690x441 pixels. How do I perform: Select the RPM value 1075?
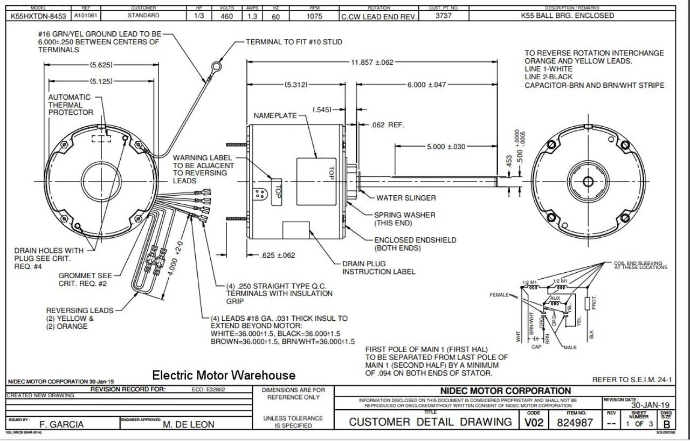click(315, 16)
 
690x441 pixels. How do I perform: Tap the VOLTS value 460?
click(226, 16)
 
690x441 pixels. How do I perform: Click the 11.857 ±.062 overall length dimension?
click(372, 63)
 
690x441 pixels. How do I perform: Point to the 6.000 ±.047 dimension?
click(426, 85)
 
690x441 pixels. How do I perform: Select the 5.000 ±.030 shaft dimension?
click(446, 147)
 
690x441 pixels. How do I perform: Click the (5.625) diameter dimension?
click(101, 65)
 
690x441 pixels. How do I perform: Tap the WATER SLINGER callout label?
click(406, 198)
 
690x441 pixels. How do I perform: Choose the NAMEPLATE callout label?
click(275, 116)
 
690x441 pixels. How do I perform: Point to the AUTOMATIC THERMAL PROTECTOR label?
click(71, 105)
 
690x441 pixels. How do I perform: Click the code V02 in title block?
click(534, 423)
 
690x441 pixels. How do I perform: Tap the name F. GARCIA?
click(62, 424)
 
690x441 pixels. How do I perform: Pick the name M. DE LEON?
click(188, 424)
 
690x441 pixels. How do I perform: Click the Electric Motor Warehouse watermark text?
click(224, 375)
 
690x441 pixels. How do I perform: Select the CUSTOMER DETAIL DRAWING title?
click(431, 422)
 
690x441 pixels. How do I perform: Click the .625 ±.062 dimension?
click(278, 255)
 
